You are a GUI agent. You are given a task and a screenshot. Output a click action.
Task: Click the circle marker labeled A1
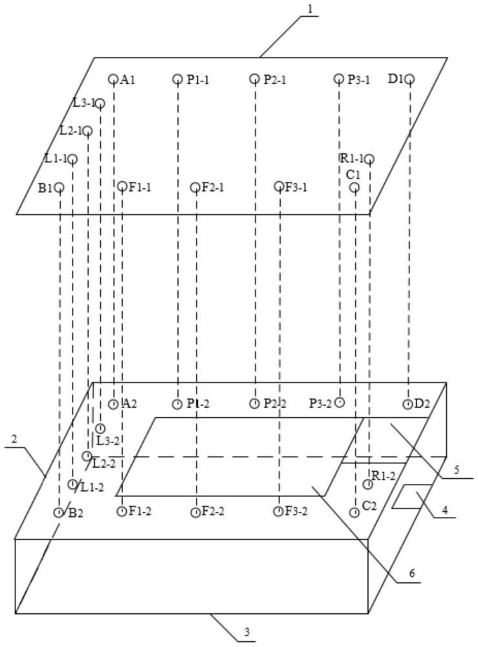coord(113,79)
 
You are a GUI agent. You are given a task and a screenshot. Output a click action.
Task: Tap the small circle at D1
coord(409,79)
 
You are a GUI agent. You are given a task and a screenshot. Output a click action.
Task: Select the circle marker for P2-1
coord(255,79)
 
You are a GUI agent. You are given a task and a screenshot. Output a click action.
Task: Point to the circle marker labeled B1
coord(59,188)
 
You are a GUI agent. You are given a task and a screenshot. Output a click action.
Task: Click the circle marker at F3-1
coord(279,186)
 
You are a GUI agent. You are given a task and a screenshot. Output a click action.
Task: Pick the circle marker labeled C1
coord(354,188)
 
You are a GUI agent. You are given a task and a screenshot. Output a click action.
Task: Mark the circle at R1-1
coord(369,159)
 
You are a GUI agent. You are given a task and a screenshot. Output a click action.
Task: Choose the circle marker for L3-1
coord(100,103)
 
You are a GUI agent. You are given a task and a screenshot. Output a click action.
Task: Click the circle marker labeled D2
coord(407,404)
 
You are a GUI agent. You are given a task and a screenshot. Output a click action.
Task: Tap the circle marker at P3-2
coord(340,402)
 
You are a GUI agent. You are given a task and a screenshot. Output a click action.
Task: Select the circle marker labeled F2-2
coord(195,512)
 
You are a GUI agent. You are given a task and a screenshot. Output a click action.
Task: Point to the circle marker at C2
coord(354,512)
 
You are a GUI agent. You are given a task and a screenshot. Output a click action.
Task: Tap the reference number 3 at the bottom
coord(245,631)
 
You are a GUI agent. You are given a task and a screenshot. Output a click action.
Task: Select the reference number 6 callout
coord(411,573)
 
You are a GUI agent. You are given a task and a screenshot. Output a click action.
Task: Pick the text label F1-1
coord(140,187)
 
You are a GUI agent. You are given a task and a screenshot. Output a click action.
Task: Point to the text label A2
coord(129,404)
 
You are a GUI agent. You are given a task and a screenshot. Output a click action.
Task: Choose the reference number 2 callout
coord(14,439)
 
